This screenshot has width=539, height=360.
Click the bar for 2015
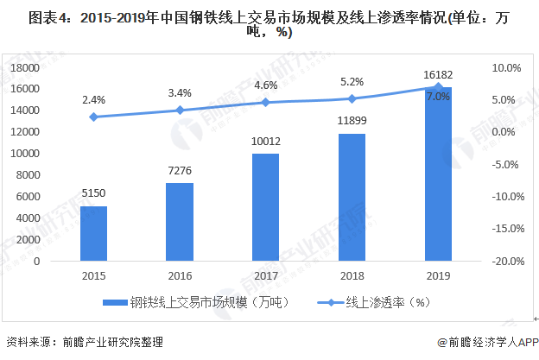click(x=93, y=233)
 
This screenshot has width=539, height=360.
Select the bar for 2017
click(x=266, y=207)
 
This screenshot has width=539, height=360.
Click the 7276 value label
click(x=180, y=172)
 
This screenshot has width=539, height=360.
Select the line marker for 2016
click(x=180, y=111)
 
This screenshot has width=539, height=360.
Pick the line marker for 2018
click(x=352, y=98)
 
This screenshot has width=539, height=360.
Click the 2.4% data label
click(x=93, y=100)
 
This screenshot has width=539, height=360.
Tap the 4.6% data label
click(x=266, y=85)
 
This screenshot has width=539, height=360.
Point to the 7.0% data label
click(x=439, y=97)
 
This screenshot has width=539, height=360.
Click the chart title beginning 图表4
click(x=269, y=24)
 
